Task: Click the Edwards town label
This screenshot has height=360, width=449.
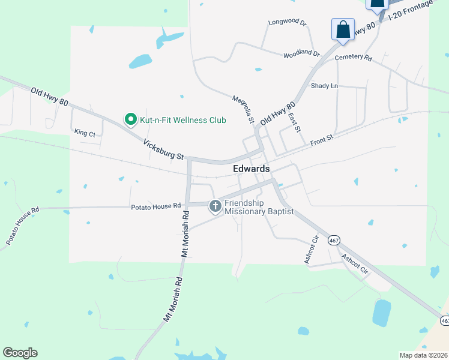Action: (251, 169)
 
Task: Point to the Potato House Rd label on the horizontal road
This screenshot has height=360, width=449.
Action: (156, 206)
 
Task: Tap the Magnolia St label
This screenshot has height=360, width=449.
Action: (243, 109)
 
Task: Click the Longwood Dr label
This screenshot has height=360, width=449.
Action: (288, 23)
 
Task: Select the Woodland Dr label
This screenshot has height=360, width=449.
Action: (302, 53)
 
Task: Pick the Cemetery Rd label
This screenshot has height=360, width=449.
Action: (354, 58)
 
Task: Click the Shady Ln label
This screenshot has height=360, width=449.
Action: (324, 86)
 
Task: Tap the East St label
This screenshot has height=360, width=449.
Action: (294, 122)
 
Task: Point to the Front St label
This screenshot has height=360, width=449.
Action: (321, 142)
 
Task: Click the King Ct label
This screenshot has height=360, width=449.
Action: (85, 133)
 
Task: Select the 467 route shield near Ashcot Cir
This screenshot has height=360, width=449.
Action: (334, 240)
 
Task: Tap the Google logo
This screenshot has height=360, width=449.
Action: (20, 353)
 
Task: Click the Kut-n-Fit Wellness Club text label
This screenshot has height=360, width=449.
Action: (183, 120)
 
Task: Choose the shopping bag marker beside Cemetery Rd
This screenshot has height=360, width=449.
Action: (343, 29)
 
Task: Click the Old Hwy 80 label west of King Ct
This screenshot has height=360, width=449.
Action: (49, 96)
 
